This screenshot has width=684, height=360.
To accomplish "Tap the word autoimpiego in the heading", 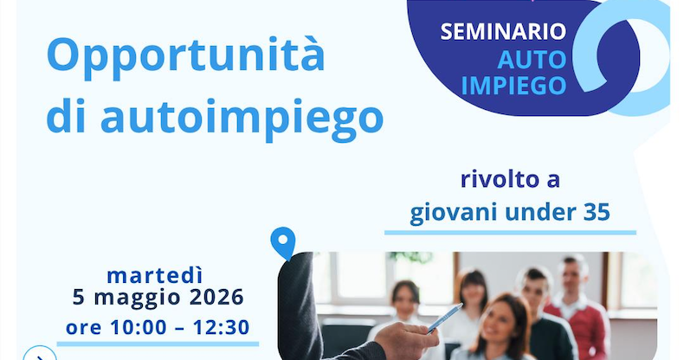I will (x=242, y=117).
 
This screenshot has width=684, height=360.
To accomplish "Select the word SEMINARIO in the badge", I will (x=503, y=32).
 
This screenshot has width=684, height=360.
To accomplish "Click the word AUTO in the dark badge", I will (x=532, y=59).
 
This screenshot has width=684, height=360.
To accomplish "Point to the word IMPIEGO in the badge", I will (x=514, y=85).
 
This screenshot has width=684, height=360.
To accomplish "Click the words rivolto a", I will (x=509, y=180).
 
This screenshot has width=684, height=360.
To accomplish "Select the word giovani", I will (x=451, y=213).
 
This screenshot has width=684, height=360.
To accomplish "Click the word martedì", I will (x=155, y=276).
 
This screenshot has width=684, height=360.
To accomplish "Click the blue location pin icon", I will (x=282, y=243).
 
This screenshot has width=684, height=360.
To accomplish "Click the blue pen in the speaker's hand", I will (x=445, y=318).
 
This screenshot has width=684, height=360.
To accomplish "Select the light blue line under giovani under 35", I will (x=510, y=232).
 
